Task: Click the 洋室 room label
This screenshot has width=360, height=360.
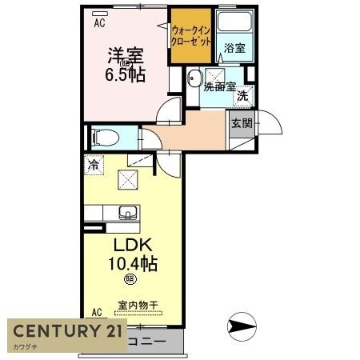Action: [x=126, y=57]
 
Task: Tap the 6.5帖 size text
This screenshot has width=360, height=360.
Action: [x=126, y=75]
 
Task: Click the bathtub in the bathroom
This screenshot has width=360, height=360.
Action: [x=235, y=24]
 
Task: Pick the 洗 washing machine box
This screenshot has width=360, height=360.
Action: [x=242, y=96]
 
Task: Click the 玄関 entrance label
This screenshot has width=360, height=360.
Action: [x=242, y=123]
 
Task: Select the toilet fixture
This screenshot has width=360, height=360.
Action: [x=105, y=137]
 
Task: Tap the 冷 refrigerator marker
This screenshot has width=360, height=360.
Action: [x=94, y=166]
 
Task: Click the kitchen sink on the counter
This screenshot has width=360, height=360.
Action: [x=128, y=213]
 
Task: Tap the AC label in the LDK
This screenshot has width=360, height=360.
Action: [x=97, y=312]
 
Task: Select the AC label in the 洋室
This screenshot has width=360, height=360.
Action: [x=99, y=23]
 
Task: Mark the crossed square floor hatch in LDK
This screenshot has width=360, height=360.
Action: [x=128, y=180]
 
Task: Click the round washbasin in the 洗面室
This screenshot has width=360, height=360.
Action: [x=194, y=79]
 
